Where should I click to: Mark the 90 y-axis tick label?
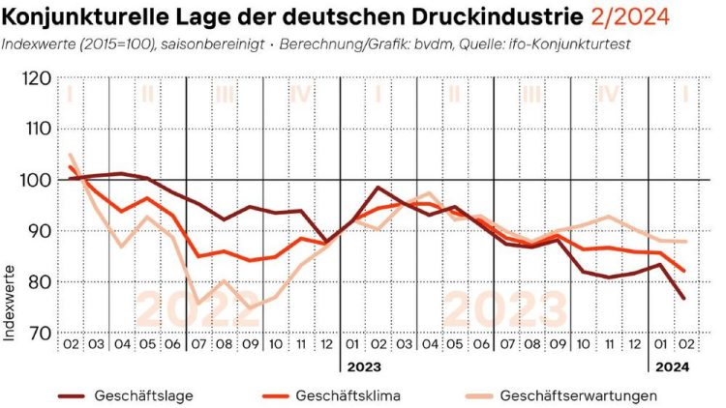point(38,231)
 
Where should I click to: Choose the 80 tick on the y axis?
point(38,281)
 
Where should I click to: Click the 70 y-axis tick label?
point(38,333)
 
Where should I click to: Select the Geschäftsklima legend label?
point(348,395)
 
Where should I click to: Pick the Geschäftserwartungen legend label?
point(579,395)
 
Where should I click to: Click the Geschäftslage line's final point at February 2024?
point(684,298)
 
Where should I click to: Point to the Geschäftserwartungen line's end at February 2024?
point(684,242)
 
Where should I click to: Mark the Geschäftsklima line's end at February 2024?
point(684,272)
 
